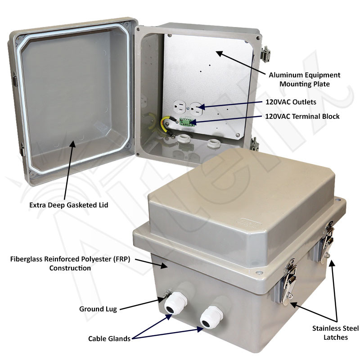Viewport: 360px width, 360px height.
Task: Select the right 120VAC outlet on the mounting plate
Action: tap(196, 108)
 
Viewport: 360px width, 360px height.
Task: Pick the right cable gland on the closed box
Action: tap(209, 317)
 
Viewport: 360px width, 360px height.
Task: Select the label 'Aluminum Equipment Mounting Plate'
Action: tap(304, 79)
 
